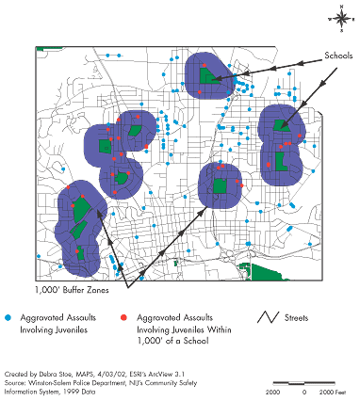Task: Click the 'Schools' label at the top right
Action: [x=336, y=55]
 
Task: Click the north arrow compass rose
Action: [x=339, y=16]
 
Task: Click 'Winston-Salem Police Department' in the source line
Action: [x=75, y=381]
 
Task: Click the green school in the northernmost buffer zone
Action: [x=205, y=76]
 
